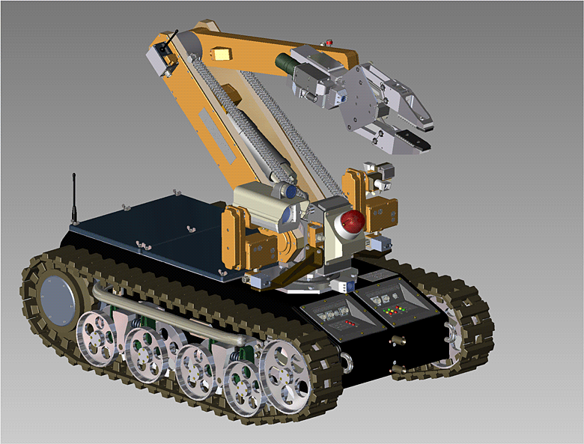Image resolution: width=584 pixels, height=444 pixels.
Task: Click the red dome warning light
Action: pos(351,221)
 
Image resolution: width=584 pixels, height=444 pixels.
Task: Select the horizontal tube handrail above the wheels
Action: pos(172,314)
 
